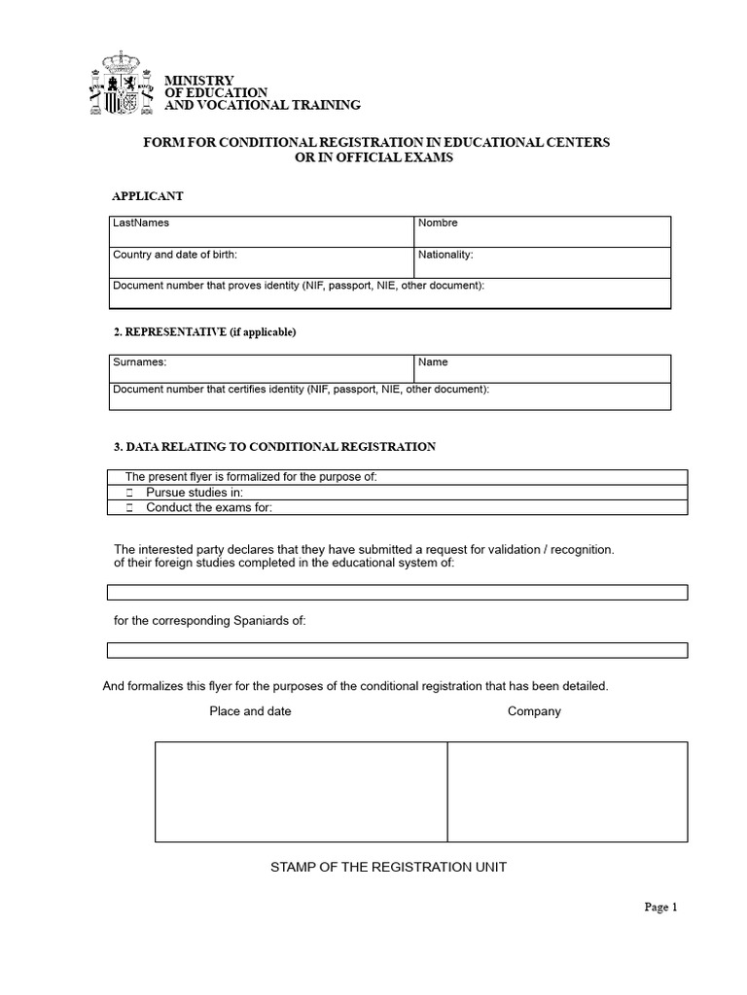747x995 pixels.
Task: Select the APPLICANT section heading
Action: [x=148, y=196]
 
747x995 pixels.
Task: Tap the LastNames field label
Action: [x=141, y=223]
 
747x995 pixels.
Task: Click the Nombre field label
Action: [x=438, y=223]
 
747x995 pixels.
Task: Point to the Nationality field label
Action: [x=445, y=255]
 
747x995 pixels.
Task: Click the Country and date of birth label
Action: [x=175, y=255]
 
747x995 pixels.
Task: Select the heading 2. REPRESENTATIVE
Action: [x=204, y=332]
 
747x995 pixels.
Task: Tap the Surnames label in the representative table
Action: [x=140, y=362]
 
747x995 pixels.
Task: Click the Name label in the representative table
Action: [x=433, y=362]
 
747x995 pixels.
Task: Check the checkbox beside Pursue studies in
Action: [x=129, y=494]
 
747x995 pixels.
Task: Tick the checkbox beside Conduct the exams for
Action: [x=129, y=507]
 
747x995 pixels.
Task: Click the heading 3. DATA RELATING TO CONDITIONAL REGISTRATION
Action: [x=274, y=447]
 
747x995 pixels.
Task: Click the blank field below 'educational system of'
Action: [x=397, y=592]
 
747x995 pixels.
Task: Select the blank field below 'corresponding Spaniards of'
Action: [x=397, y=650]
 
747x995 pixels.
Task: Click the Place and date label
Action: [x=250, y=711]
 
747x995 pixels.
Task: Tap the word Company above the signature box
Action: [x=534, y=711]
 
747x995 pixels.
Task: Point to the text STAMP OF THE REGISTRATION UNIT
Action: [x=388, y=867]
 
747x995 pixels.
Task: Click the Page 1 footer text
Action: [x=660, y=908]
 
